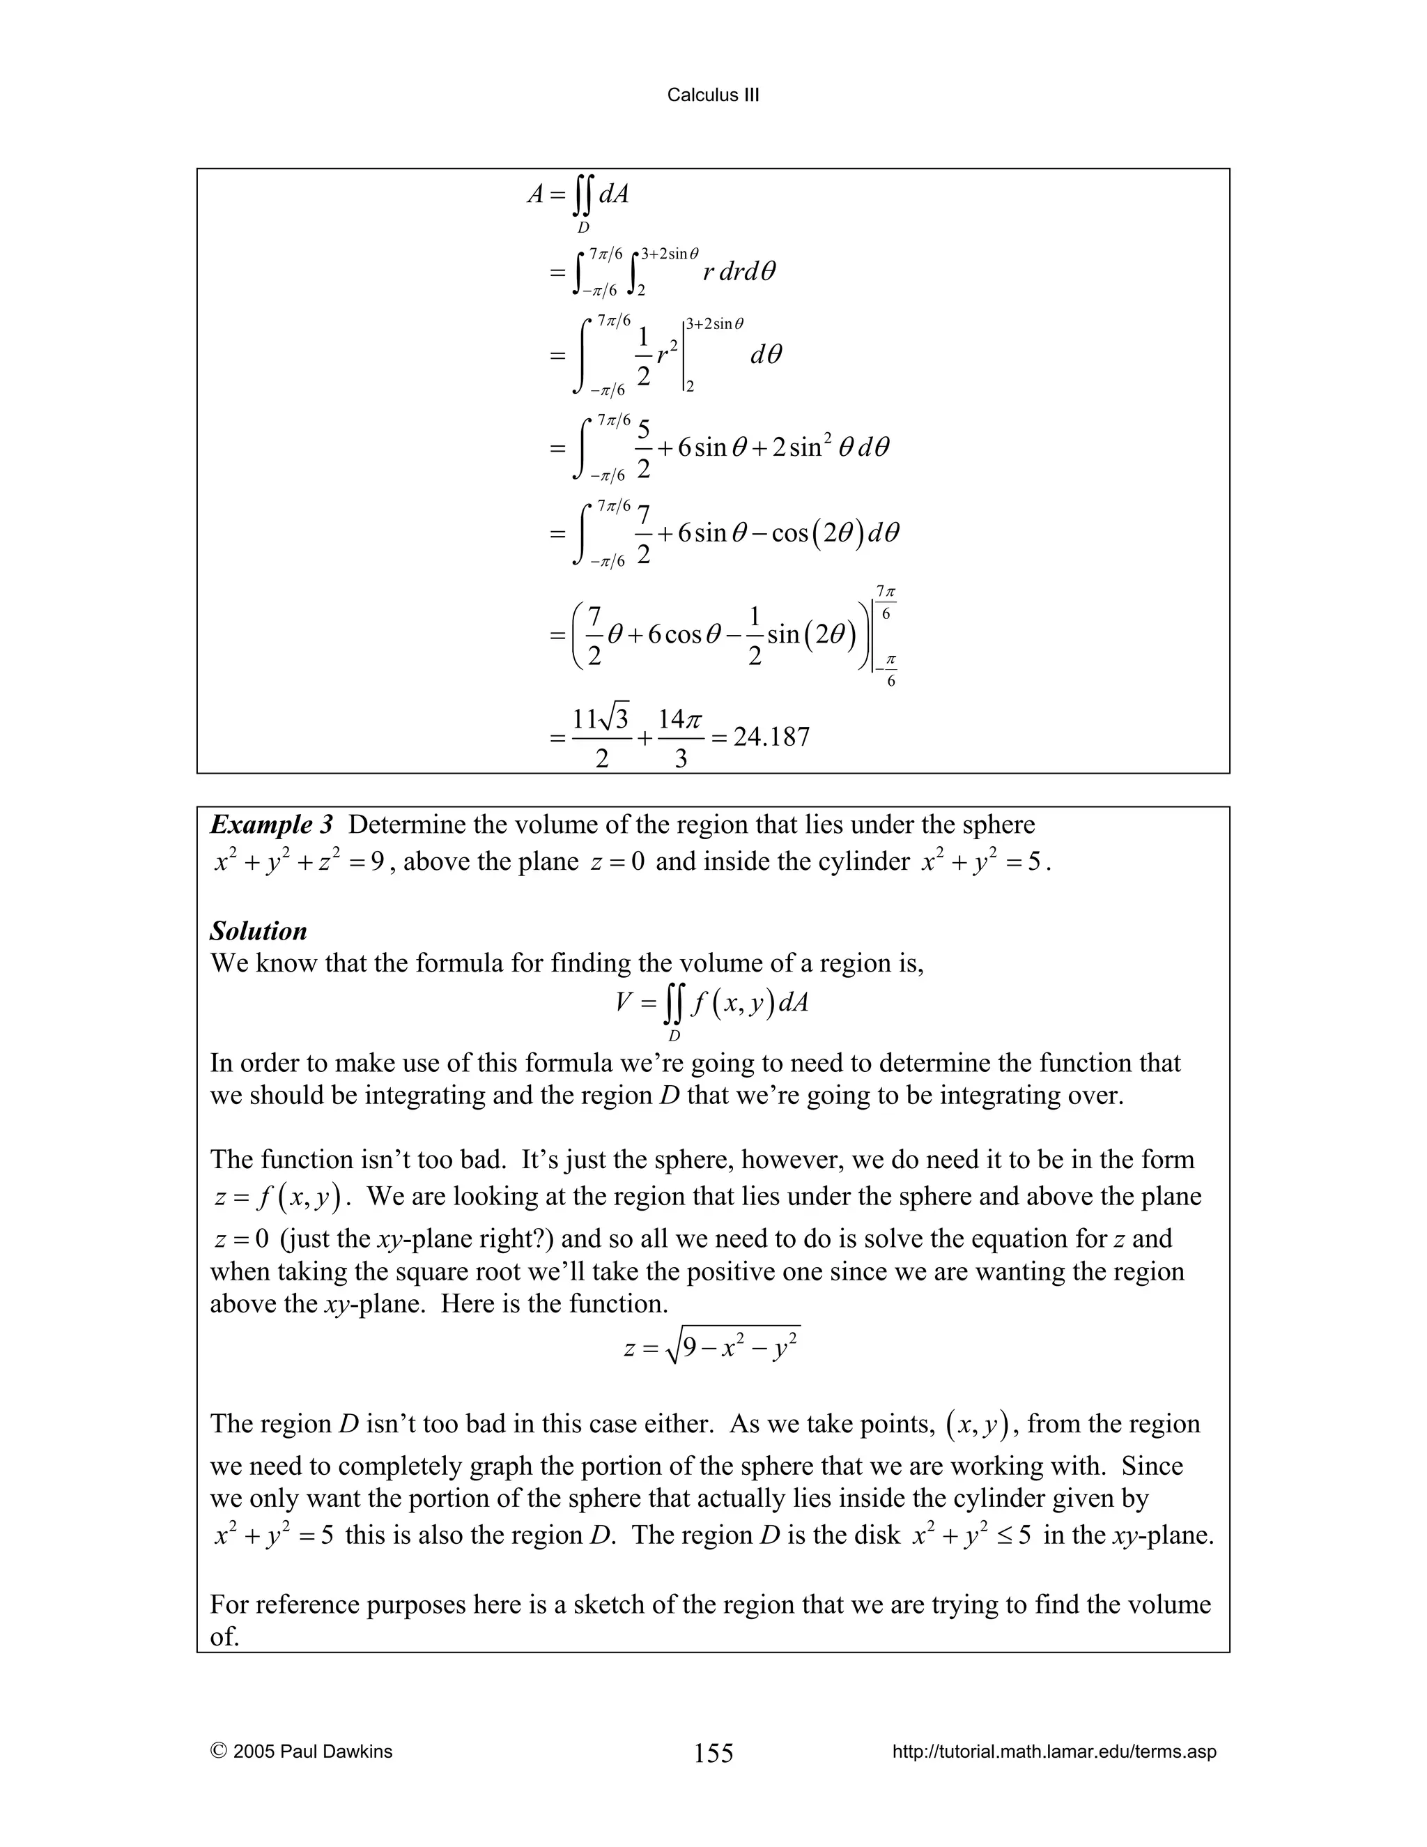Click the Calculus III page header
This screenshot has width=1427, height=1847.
click(713, 95)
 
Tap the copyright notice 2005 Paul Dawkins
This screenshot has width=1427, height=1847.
click(302, 1752)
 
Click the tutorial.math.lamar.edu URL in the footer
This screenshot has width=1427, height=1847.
click(1054, 1752)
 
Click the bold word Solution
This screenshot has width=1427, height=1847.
click(258, 931)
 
